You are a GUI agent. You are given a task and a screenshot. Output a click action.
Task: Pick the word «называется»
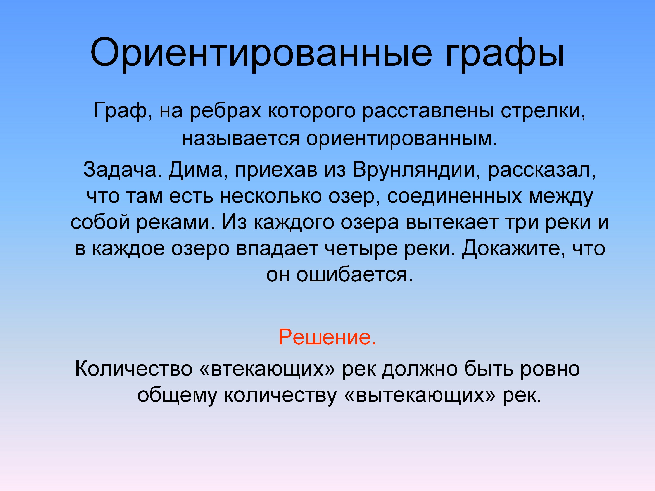pos(241,138)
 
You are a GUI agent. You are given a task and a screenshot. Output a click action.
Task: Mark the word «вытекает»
pos(452,222)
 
